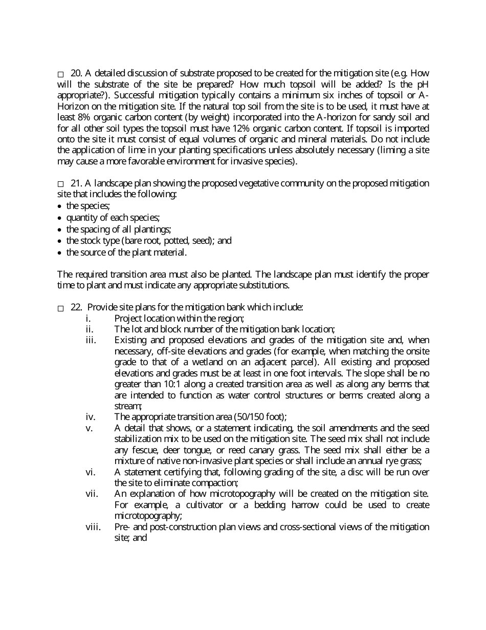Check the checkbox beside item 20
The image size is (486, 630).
coord(60,75)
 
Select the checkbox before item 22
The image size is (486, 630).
coord(60,308)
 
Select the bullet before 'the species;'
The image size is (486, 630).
coord(60,206)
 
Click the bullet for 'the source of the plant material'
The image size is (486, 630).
coord(60,253)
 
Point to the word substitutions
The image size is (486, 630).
coord(265,285)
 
